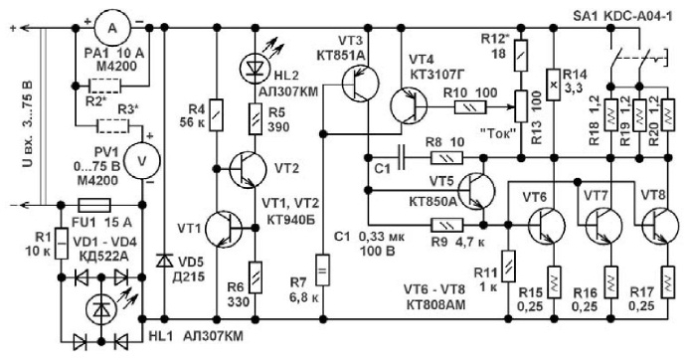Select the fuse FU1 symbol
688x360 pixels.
click(x=93, y=205)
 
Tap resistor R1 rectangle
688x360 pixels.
click(x=62, y=244)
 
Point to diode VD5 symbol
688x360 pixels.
click(x=164, y=261)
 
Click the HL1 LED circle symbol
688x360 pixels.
click(x=101, y=309)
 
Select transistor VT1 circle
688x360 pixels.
click(x=224, y=228)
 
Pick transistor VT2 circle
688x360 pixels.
click(x=248, y=169)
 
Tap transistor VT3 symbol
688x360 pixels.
click(x=361, y=85)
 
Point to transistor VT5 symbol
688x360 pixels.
click(x=476, y=190)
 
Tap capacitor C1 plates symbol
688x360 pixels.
click(x=402, y=157)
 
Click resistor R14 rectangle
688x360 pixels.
click(x=554, y=85)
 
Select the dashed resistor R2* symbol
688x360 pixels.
click(x=104, y=86)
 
